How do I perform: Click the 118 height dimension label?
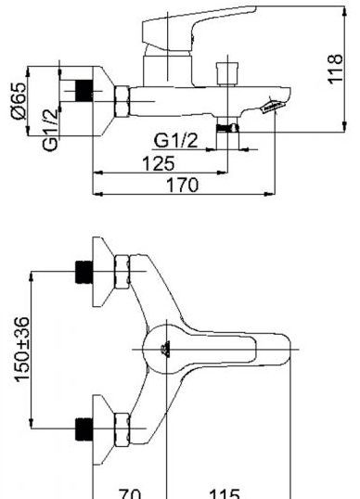336,69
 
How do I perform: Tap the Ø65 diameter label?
19,101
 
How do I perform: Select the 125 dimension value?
159,163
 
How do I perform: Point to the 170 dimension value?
183,185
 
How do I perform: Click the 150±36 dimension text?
22,349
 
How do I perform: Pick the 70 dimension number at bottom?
130,493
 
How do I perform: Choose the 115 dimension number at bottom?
225,493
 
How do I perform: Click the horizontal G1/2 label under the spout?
175,140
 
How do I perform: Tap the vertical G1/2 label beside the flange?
50,130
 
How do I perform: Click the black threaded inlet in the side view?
84,91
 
